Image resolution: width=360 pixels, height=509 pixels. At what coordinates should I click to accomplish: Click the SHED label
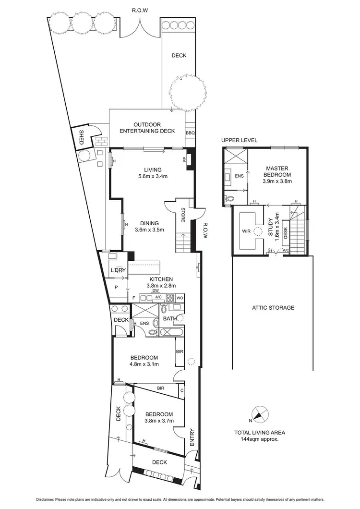pos(81,138)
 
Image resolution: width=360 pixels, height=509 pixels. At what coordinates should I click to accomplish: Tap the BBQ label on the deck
pos(191,132)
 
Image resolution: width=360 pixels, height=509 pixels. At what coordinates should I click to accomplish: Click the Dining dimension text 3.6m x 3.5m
pos(149,230)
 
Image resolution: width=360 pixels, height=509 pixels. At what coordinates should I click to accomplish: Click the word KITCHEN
pos(161,279)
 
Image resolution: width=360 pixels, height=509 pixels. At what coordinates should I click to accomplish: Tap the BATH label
pos(169,318)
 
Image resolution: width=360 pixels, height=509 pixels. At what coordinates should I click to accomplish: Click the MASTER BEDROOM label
pos(277,171)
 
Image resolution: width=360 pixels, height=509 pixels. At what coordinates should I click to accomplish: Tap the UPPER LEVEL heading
pos(240,140)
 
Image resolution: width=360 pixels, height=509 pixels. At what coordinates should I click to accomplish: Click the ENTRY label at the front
pos(192,437)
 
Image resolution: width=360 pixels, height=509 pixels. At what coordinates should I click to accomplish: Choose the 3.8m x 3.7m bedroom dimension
pos(159,421)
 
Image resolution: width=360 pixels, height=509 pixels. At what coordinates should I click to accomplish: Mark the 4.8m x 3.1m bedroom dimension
pos(144,364)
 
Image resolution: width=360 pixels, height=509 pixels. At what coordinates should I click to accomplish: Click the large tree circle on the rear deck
pos(186,91)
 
